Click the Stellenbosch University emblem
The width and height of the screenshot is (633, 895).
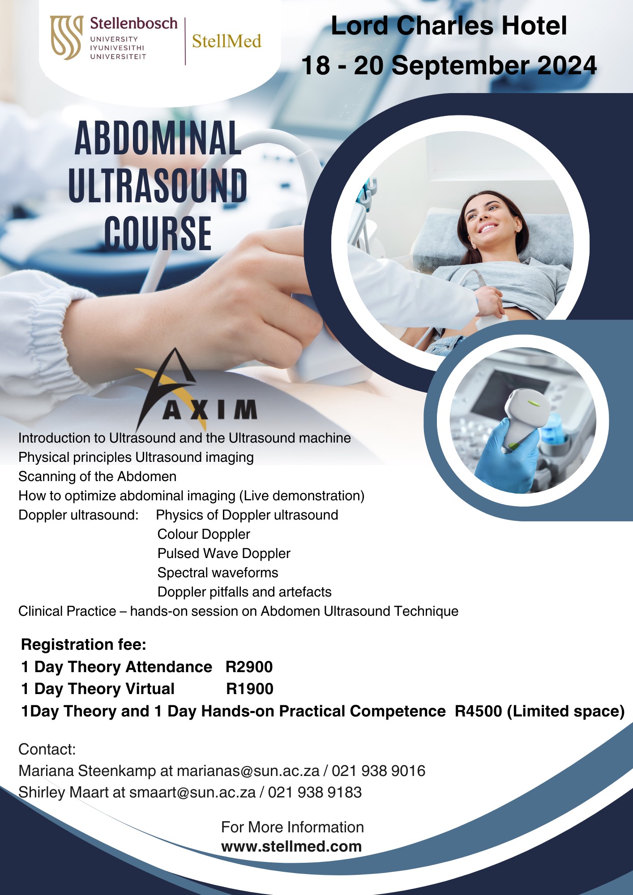[66, 38]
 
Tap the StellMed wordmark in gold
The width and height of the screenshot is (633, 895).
[227, 41]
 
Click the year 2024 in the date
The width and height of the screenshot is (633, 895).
[567, 65]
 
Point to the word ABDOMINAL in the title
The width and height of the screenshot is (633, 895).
[158, 138]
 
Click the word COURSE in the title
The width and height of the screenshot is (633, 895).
[158, 233]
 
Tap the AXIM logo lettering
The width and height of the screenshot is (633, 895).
[210, 409]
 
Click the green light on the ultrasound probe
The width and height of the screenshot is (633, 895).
[534, 403]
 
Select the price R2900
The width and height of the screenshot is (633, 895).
[249, 667]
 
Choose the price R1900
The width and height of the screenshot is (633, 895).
[250, 689]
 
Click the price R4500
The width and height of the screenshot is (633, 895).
[479, 711]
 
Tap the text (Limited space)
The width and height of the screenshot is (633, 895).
[566, 712]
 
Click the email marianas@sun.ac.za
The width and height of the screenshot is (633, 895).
[248, 771]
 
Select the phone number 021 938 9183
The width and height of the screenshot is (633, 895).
[315, 792]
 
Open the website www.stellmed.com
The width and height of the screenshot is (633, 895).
[291, 847]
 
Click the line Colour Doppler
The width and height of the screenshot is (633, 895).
[204, 534]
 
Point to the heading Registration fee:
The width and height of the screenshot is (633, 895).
[84, 644]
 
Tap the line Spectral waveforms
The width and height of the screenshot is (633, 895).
[218, 572]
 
